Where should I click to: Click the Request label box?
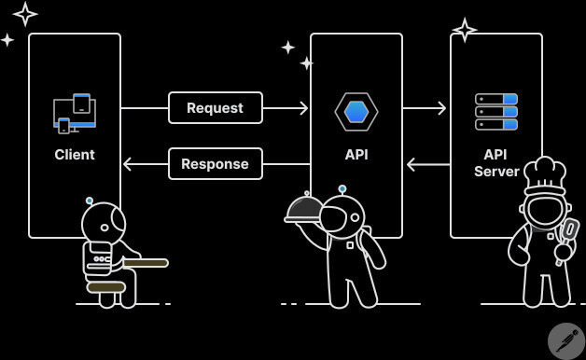click(215, 108)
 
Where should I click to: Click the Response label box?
click(215, 164)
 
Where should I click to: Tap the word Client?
click(75, 155)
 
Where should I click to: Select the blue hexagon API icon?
click(356, 112)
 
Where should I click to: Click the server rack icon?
click(496, 112)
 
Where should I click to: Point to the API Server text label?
click(496, 163)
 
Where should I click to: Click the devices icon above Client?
click(75, 113)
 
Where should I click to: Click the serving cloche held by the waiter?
click(305, 209)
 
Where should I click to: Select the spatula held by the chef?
click(568, 231)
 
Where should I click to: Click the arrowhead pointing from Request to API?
click(302, 108)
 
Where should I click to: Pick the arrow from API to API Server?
click(426, 108)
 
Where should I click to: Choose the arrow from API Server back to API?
click(427, 165)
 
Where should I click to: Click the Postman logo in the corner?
click(565, 340)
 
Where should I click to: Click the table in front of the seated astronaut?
click(145, 263)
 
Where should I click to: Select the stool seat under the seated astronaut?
click(105, 286)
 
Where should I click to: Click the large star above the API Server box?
click(465, 30)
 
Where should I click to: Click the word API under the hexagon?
click(356, 155)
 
